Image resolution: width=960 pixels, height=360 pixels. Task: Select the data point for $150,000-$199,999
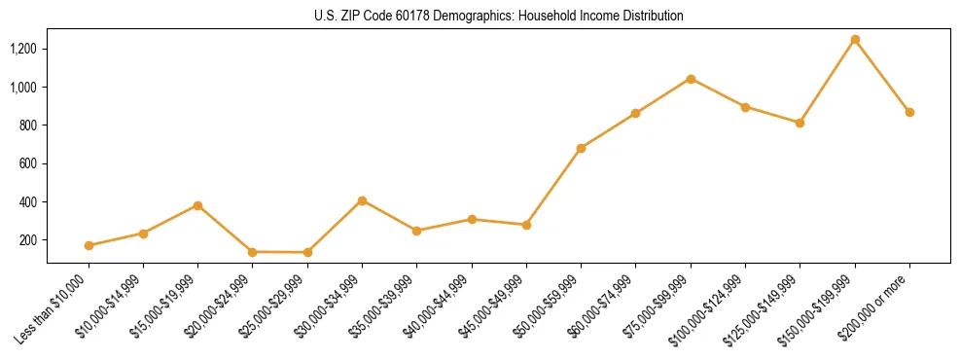click(x=855, y=40)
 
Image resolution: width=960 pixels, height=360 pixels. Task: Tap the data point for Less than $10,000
click(x=89, y=245)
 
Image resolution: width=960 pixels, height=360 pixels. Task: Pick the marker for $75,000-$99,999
click(x=691, y=79)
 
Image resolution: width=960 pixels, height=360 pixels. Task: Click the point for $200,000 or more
click(x=909, y=112)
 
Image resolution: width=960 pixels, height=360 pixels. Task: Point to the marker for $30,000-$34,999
click(x=362, y=200)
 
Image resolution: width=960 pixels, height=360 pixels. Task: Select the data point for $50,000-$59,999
click(x=581, y=148)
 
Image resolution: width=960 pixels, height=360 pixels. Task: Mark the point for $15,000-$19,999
click(x=197, y=205)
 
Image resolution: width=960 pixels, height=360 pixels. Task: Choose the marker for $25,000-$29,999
click(x=307, y=252)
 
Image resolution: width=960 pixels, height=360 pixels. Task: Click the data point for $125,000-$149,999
click(x=800, y=123)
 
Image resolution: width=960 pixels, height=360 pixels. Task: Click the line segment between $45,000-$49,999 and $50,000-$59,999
click(x=553, y=186)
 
